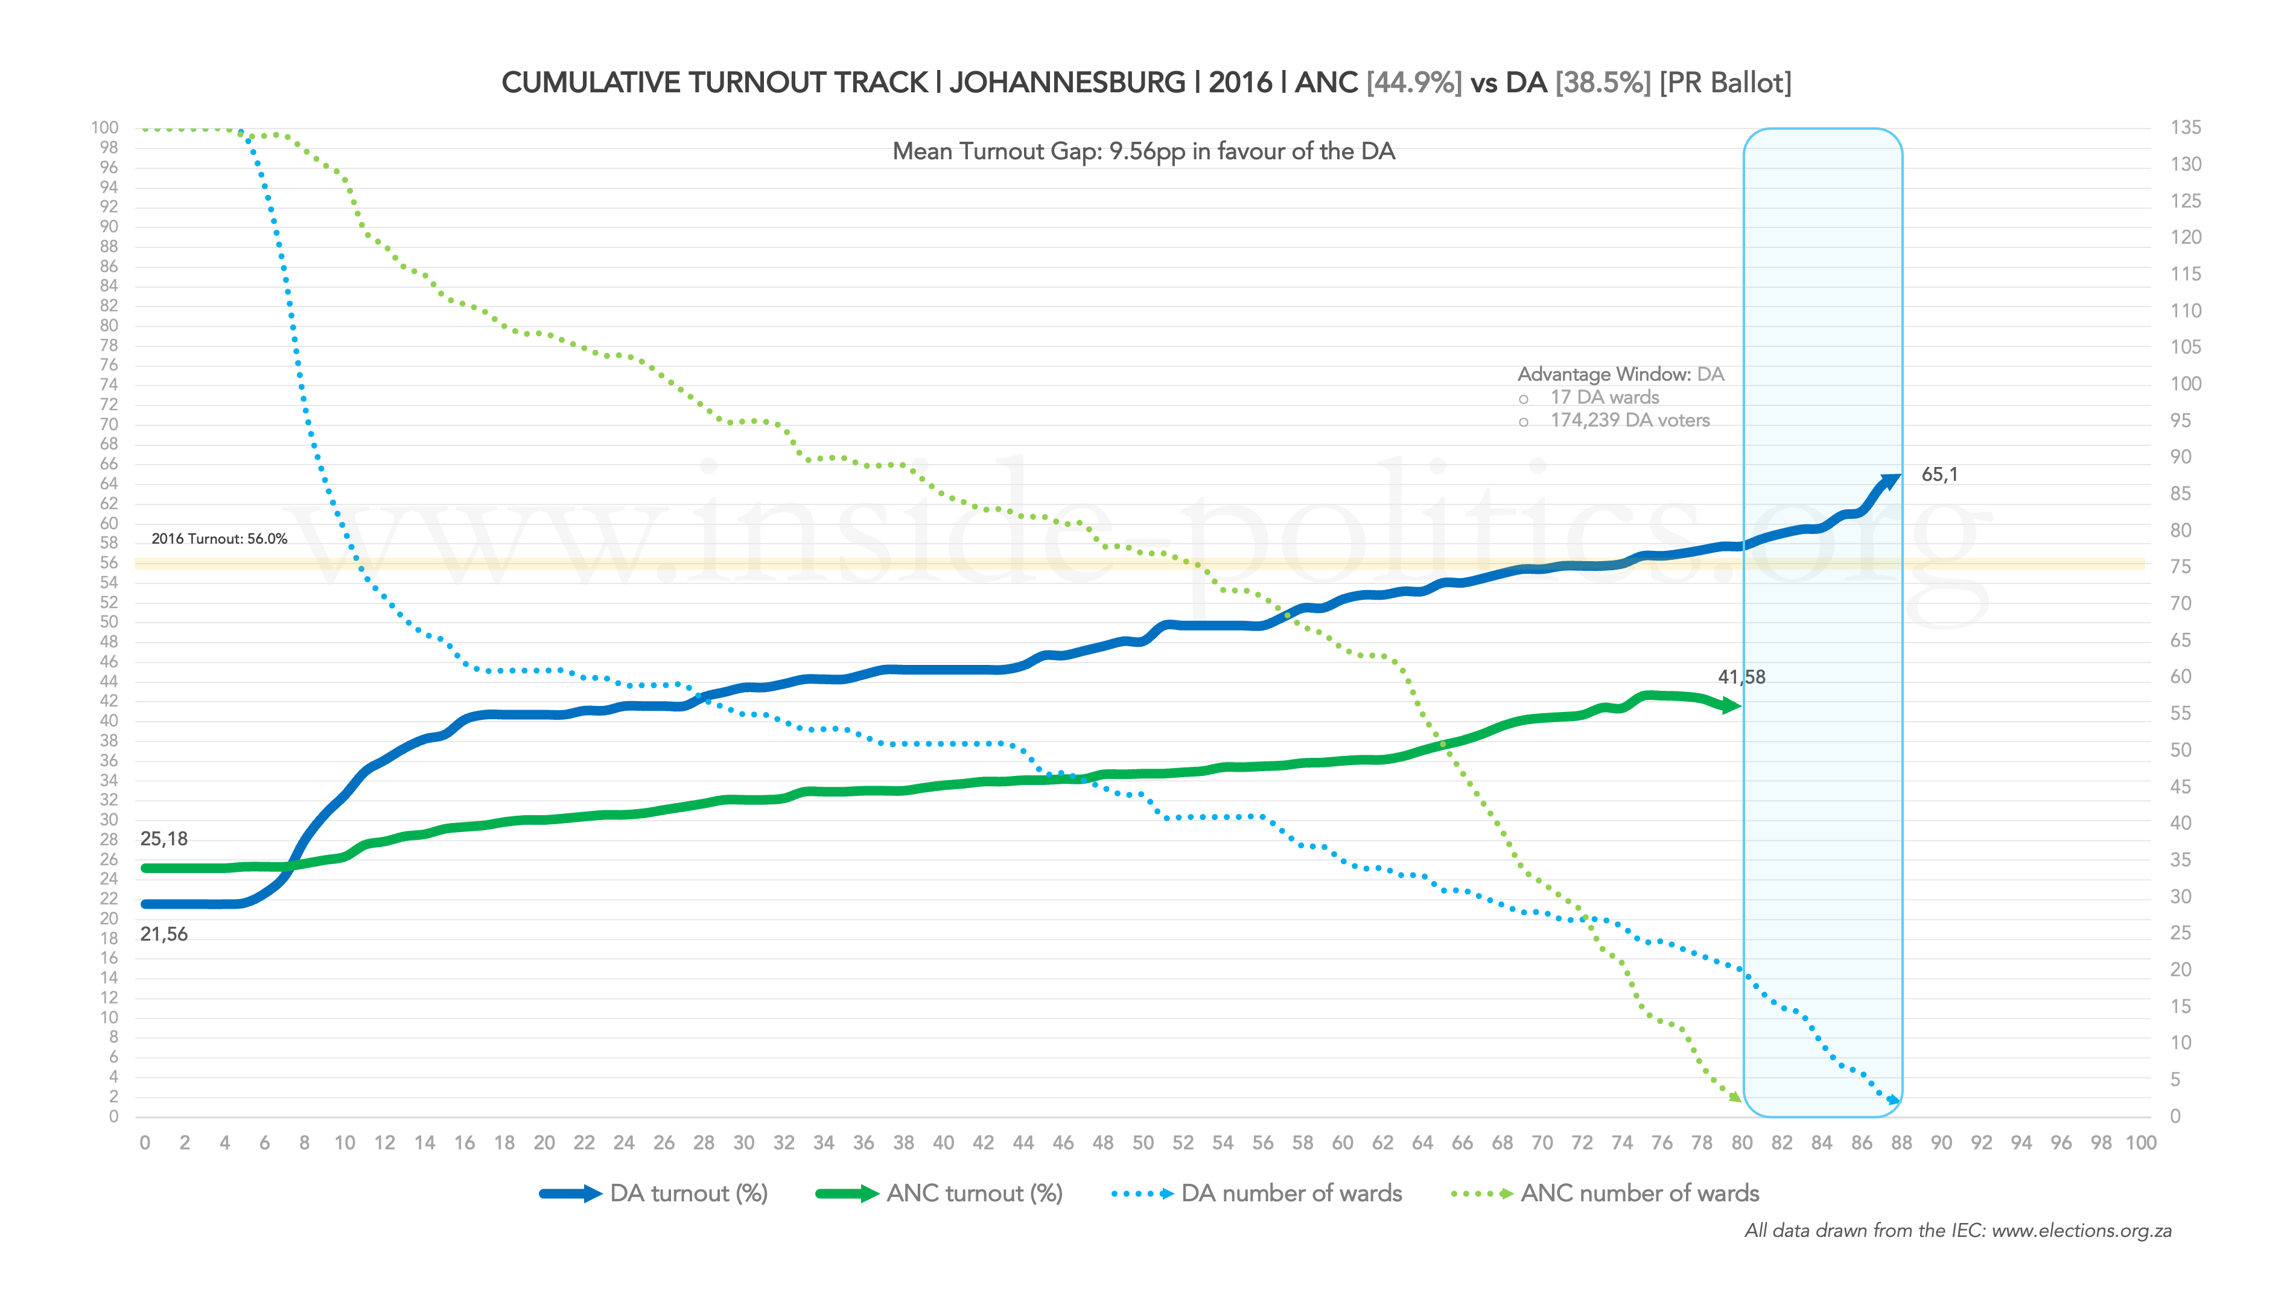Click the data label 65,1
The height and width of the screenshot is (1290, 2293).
[1939, 474]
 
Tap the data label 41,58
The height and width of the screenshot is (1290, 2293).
[1741, 676]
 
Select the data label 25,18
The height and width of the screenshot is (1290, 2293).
[164, 839]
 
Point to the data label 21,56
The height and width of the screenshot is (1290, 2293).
[164, 934]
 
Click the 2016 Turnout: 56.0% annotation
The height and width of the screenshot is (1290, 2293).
[219, 539]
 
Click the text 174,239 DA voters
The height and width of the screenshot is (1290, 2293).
[1630, 420]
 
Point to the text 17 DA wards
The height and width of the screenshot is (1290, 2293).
[1604, 397]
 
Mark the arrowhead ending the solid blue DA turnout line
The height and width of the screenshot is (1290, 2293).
[1889, 481]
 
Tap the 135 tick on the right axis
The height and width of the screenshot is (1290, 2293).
[2186, 127]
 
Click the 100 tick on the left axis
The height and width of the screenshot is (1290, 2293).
[104, 127]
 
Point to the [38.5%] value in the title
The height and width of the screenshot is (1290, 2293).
[1602, 83]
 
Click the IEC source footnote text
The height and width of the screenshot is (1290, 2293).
[1957, 1230]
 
